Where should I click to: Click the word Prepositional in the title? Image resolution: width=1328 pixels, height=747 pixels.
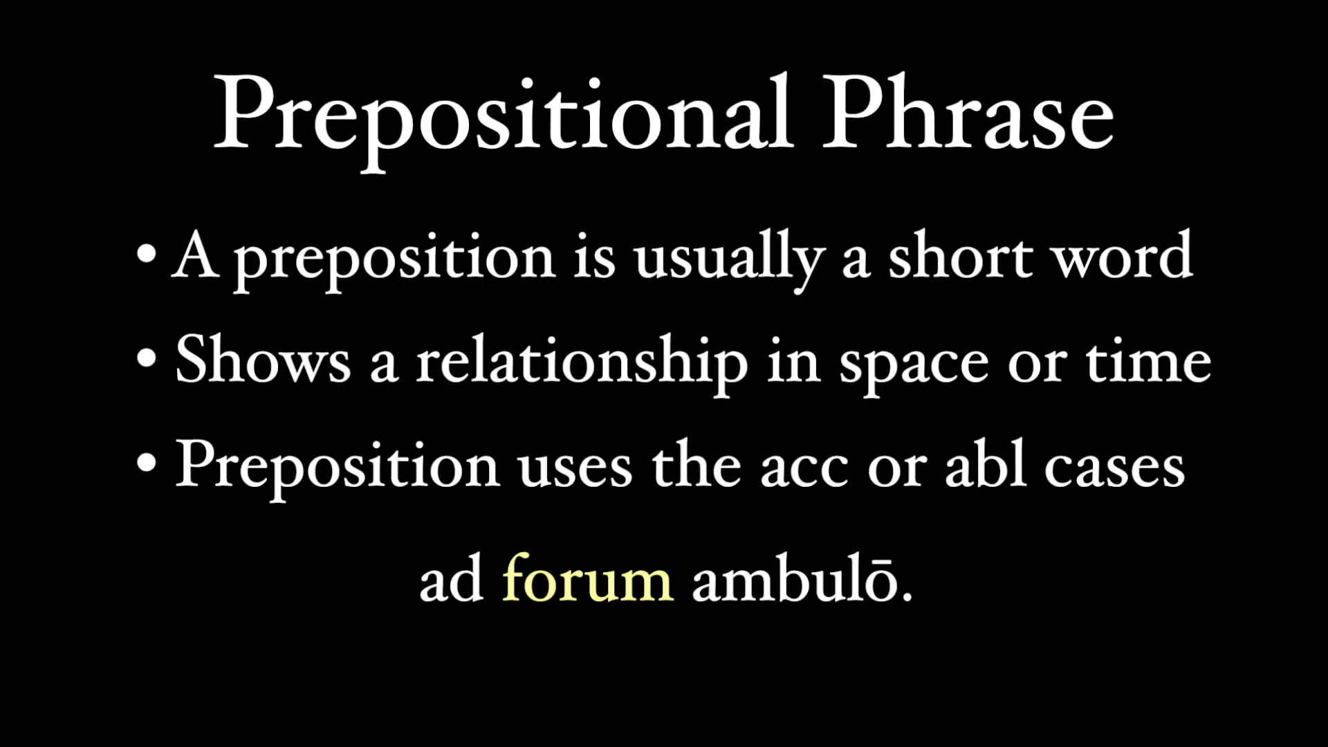[x=503, y=114]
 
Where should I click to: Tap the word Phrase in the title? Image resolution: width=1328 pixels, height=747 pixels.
[x=968, y=114]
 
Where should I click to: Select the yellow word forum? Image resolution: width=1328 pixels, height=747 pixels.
[x=587, y=580]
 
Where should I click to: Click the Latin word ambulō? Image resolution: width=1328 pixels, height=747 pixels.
[x=795, y=580]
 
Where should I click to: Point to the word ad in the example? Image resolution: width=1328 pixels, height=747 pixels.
[x=451, y=580]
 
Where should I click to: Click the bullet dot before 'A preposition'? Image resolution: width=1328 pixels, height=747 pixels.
[x=147, y=254]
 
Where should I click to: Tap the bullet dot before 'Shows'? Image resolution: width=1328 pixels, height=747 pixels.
[x=147, y=358]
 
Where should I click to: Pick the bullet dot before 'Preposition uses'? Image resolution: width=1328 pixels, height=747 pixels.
[x=147, y=463]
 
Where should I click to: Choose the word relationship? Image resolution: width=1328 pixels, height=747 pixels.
[x=582, y=362]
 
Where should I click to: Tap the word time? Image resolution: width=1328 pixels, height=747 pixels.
[x=1148, y=362]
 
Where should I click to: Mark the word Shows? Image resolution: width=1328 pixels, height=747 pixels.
[x=263, y=360]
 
